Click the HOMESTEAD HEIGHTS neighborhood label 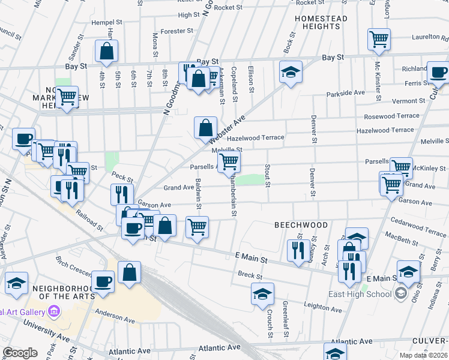[321, 23]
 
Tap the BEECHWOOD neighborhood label [301, 225]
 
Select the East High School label [360, 294]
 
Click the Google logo [20, 353]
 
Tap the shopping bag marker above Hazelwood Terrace [205, 128]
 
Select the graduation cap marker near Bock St [291, 73]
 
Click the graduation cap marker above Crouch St [262, 295]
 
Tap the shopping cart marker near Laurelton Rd [379, 40]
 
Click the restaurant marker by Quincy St [298, 251]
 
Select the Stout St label [268, 175]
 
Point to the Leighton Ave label [322, 305]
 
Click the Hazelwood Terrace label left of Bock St [255, 137]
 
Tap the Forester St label [178, 31]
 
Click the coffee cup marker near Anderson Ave [103, 282]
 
